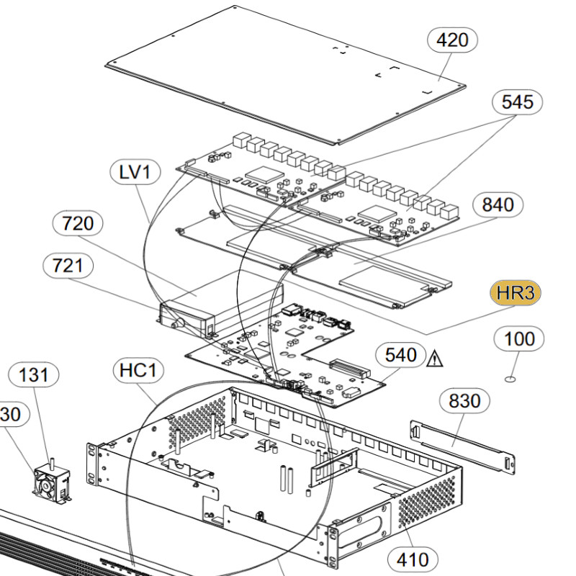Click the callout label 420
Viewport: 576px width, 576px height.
452,40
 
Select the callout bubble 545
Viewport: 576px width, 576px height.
517,102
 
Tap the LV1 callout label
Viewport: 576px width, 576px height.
135,171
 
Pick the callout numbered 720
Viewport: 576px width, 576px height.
78,223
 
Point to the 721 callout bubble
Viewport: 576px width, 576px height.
68,265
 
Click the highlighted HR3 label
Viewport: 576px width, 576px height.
516,293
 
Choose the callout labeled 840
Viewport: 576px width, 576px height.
498,204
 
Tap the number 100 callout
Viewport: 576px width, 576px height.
519,338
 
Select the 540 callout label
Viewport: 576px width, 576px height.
401,355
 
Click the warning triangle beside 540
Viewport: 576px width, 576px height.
435,359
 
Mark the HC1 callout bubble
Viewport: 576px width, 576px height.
138,370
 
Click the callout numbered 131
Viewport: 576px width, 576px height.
33,374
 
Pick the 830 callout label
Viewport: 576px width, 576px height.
464,401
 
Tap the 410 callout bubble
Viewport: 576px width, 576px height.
413,560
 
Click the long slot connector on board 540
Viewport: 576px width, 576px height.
348,369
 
